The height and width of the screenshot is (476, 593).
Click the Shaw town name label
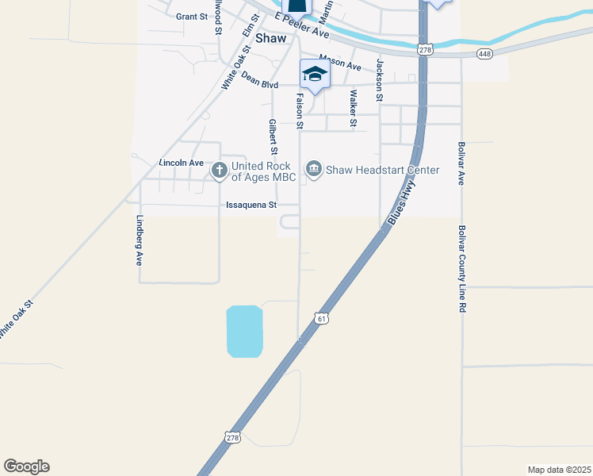[x=270, y=38]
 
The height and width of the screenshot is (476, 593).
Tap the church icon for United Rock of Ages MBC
[x=219, y=170]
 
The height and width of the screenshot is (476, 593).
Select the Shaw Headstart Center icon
[x=314, y=170]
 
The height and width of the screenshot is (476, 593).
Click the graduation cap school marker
[x=315, y=75]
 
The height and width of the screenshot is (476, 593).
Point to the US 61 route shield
[x=320, y=318]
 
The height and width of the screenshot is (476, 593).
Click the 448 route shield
[x=485, y=53]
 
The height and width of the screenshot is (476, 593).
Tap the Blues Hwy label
[x=401, y=202]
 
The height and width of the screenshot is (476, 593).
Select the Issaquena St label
[x=251, y=205]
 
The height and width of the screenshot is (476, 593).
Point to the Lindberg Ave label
[x=139, y=240]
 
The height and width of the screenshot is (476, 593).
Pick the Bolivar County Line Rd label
[x=461, y=268]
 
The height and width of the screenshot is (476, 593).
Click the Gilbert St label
[x=272, y=136]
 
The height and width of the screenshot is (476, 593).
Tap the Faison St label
[x=300, y=110]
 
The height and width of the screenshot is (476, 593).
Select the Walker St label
[x=353, y=108]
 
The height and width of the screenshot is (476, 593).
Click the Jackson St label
[x=381, y=80]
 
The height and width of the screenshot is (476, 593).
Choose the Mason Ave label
[x=340, y=63]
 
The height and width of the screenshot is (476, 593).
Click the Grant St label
[x=191, y=17]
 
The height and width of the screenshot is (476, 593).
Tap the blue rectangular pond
[x=244, y=332]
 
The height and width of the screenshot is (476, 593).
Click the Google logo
[x=26, y=466]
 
